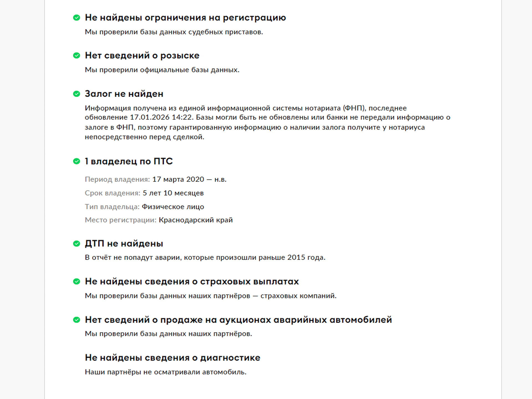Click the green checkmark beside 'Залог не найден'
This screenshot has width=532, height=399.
pyautogui.click(x=76, y=94)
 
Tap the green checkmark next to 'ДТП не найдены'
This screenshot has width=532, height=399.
pyautogui.click(x=76, y=244)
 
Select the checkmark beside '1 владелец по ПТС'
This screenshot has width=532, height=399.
pyautogui.click(x=76, y=161)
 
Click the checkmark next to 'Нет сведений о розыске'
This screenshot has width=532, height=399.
pyautogui.click(x=76, y=56)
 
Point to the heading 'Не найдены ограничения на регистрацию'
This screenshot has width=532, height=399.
pyautogui.click(x=185, y=18)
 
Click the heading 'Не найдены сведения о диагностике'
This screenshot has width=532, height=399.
pyautogui.click(x=172, y=358)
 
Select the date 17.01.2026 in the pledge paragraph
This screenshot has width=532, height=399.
pyautogui.click(x=150, y=117)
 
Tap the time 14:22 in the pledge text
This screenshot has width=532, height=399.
pyautogui.click(x=182, y=117)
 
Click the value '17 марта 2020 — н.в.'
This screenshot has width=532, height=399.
pyautogui.click(x=189, y=180)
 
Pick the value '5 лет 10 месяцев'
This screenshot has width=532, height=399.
pyautogui.click(x=173, y=193)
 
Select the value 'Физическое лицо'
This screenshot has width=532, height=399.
pyautogui.click(x=173, y=207)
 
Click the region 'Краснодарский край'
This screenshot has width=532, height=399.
pyautogui.click(x=196, y=220)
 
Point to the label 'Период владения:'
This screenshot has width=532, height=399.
pyautogui.click(x=117, y=180)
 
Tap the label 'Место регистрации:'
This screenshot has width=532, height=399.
pyautogui.click(x=121, y=220)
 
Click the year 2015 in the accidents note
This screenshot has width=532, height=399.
pyautogui.click(x=296, y=257)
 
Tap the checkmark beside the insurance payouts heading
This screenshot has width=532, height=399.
pyautogui.click(x=76, y=282)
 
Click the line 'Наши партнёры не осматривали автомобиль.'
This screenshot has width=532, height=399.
pyautogui.click(x=165, y=372)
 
